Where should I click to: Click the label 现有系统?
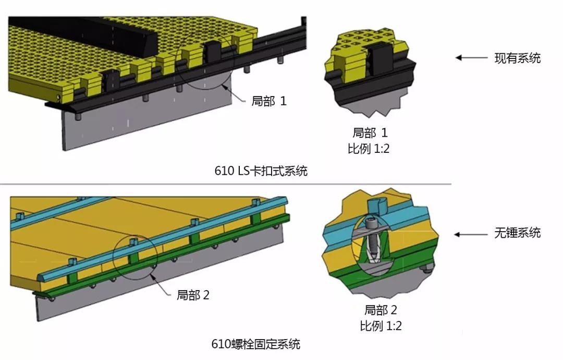point(518,58)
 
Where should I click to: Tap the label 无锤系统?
point(518,233)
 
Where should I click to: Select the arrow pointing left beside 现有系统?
point(471,57)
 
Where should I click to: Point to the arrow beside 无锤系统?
point(471,235)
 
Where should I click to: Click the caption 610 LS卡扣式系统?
point(261,170)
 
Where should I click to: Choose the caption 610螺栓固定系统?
point(255,344)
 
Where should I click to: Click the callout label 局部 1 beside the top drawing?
point(269,101)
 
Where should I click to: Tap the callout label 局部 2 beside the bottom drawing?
point(193,295)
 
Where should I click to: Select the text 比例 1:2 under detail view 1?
point(369,148)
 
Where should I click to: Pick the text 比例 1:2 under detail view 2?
point(381,326)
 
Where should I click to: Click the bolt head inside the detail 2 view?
point(372,223)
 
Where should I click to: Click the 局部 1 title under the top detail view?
point(370,133)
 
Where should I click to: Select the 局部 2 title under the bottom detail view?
point(381,310)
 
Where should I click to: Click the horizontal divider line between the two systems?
point(226,184)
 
